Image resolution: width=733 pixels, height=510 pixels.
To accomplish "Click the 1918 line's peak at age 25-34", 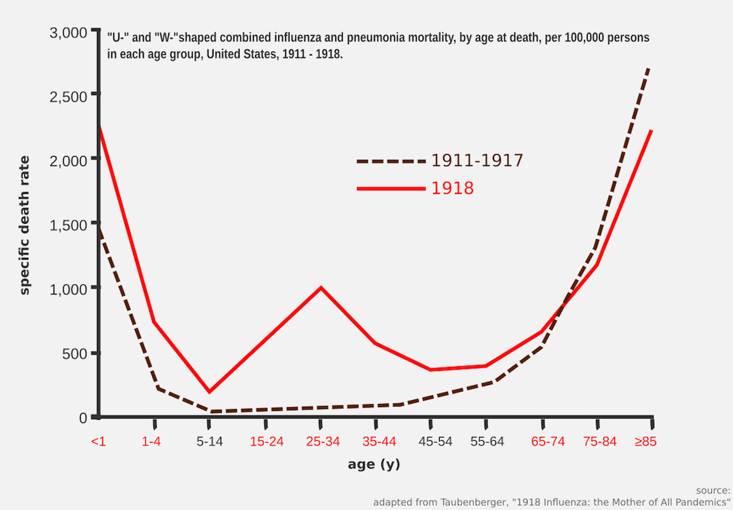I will coord(321,288).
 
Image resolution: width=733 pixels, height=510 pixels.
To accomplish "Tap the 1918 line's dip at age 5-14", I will coord(209,391).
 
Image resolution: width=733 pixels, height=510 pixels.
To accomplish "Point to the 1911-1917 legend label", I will coord(477,161).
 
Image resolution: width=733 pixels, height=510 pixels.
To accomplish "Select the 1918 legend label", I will coord(453,189).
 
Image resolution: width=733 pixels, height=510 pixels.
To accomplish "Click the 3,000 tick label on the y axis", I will coord(69,33).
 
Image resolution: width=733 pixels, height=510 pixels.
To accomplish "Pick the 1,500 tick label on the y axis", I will coord(69,224).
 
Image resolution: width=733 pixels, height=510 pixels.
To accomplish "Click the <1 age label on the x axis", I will coord(98,442).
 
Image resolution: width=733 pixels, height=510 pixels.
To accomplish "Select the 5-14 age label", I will coord(210,442).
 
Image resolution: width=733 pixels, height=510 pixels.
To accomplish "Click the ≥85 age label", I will coord(645,442).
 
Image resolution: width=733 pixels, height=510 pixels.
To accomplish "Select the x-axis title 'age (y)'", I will coord(373,465).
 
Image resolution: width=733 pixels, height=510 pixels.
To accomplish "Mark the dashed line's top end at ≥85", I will coord(650,68).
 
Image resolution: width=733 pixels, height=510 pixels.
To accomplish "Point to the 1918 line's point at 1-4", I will coord(155,322).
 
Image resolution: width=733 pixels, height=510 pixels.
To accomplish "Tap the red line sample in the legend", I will coord(391,189).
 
